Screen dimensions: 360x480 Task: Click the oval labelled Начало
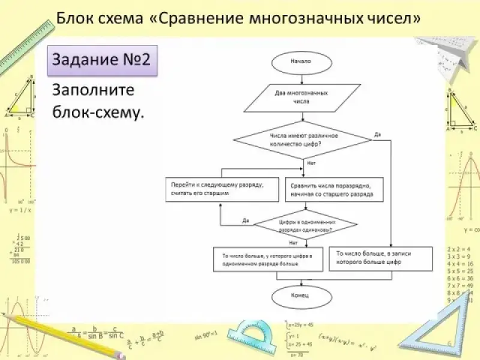[x=301, y=61]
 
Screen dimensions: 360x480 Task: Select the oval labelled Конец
[x=301, y=296]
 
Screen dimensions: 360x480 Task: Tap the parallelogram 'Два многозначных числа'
[x=301, y=98]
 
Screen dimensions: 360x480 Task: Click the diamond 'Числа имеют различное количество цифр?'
[x=302, y=140]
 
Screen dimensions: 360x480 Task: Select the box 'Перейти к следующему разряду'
[x=222, y=190]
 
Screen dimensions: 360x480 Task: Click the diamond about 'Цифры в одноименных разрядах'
[x=306, y=226]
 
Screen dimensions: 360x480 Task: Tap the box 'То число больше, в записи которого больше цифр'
[x=380, y=259]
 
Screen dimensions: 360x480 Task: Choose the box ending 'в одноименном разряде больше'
[x=268, y=260]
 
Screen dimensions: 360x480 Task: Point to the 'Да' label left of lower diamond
[x=245, y=220]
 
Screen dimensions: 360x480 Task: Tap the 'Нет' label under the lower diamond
[x=293, y=242]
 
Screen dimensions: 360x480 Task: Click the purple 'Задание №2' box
[x=102, y=60]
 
